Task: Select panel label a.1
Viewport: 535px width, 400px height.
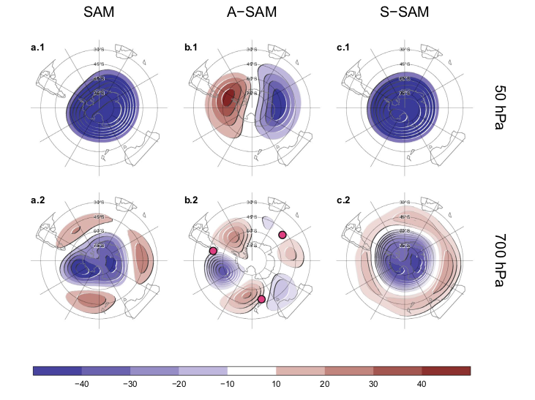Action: [37, 48]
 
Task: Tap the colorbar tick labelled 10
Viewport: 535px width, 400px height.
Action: [276, 384]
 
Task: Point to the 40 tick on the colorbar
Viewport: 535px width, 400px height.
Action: [422, 384]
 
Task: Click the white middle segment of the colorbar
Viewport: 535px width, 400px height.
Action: [252, 371]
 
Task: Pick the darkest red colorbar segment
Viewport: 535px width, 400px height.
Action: [446, 371]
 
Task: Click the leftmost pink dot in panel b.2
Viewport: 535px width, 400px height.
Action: [213, 251]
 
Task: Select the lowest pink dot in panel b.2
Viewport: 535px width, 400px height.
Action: [261, 299]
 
